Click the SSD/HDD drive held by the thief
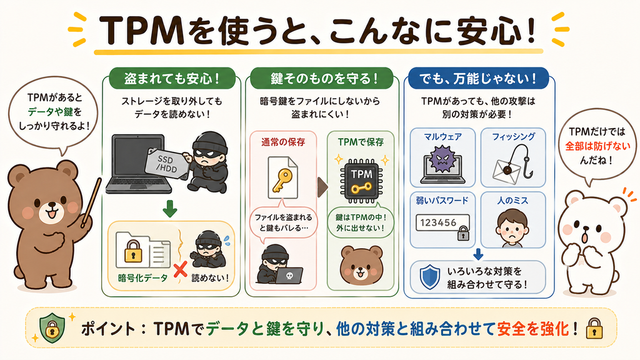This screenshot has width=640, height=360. coord(166,162)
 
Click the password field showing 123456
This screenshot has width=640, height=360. coord(442,223)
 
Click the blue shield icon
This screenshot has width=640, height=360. coord(430,277)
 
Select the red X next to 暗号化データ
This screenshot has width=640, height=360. coord(180,270)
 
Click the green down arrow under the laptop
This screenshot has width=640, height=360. coord(170,209)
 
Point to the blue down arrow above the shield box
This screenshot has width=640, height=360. coord(478,254)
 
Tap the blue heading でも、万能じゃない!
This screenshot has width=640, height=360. coord(478,78)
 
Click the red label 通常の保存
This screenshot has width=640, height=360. coord(283,142)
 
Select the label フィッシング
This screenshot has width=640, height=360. coord(514,136)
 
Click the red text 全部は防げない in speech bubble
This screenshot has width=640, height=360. coord(597,146)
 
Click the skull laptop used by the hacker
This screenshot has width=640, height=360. coord(289,276)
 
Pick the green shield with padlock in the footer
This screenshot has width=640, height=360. coord(52,327)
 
